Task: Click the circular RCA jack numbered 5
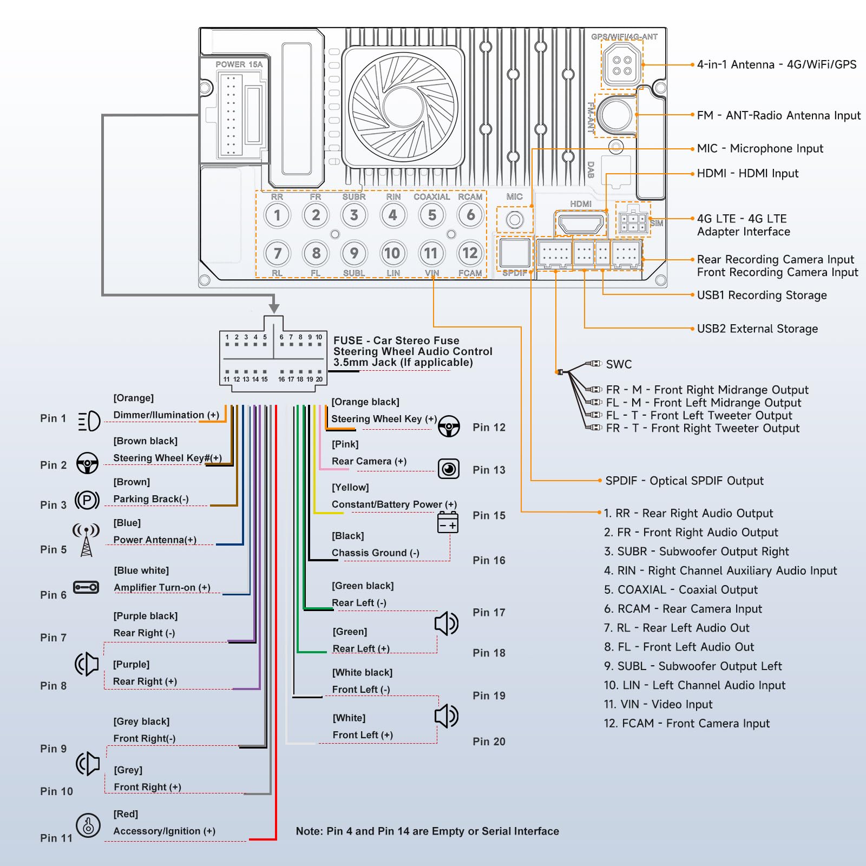pos(432,215)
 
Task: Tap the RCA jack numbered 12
pos(470,253)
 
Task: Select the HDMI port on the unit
pos(581,223)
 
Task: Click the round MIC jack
pos(515,220)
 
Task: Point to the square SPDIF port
pos(515,252)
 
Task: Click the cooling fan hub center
pos(404,106)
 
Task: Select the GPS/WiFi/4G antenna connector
pos(622,65)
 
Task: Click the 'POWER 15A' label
pos(239,64)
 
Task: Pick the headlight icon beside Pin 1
pos(89,421)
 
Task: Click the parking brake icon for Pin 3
pos(87,500)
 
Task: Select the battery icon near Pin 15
pos(448,522)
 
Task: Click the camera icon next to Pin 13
pos(449,469)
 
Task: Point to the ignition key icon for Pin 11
pos(88,826)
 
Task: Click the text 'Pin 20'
pos(489,742)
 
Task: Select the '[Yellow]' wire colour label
pos(350,487)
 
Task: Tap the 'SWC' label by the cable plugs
pos(619,364)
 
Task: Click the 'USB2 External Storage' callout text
pos(757,329)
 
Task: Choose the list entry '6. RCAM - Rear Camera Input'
pos(683,609)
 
